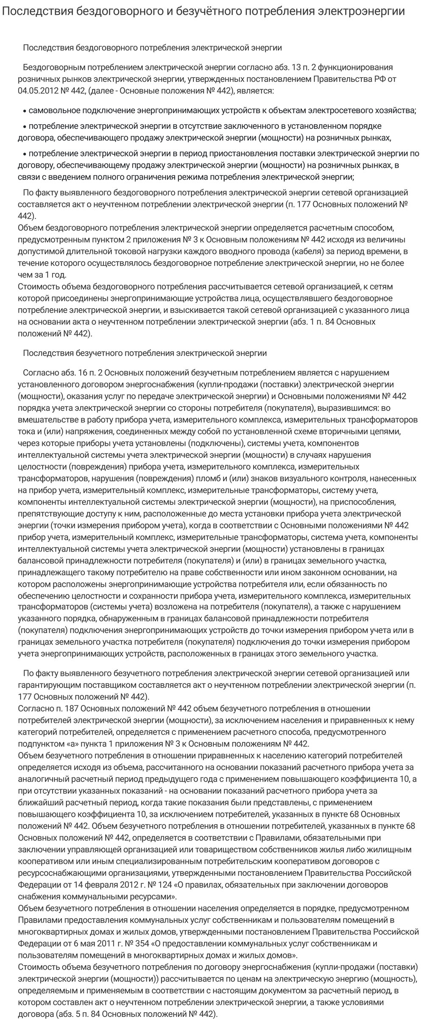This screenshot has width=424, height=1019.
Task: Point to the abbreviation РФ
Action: pos(382,78)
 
